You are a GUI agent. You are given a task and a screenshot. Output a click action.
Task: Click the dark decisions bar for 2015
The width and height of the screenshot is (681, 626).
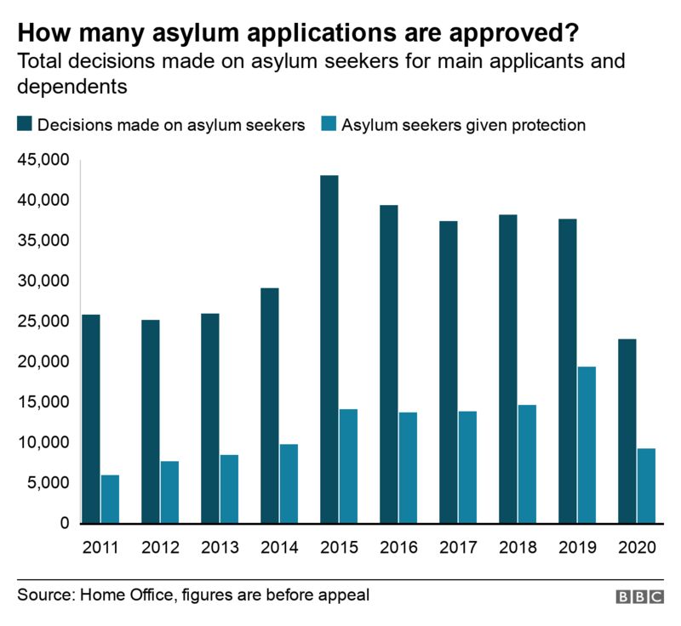pyautogui.click(x=329, y=349)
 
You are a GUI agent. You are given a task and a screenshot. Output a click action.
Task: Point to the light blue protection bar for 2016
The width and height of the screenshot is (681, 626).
pyautogui.click(x=408, y=468)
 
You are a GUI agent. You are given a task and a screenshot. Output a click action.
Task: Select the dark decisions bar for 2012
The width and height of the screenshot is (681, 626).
pyautogui.click(x=151, y=421)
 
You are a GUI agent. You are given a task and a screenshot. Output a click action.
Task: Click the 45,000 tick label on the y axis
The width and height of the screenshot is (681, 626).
pyautogui.click(x=43, y=160)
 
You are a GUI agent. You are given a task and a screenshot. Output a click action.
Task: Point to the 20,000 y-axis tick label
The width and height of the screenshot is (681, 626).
pyautogui.click(x=43, y=361)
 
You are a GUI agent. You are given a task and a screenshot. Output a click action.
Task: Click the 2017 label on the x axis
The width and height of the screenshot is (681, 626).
pyautogui.click(x=458, y=548)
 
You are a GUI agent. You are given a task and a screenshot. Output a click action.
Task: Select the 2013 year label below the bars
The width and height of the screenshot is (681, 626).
pyautogui.click(x=220, y=548)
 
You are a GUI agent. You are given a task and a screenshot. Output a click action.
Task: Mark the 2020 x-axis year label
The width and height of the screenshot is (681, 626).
pyautogui.click(x=637, y=548)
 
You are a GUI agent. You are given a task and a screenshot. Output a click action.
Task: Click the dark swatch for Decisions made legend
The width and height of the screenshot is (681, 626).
pyautogui.click(x=25, y=125)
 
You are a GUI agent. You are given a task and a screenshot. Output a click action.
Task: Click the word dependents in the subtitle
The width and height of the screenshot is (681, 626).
pyautogui.click(x=72, y=86)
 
